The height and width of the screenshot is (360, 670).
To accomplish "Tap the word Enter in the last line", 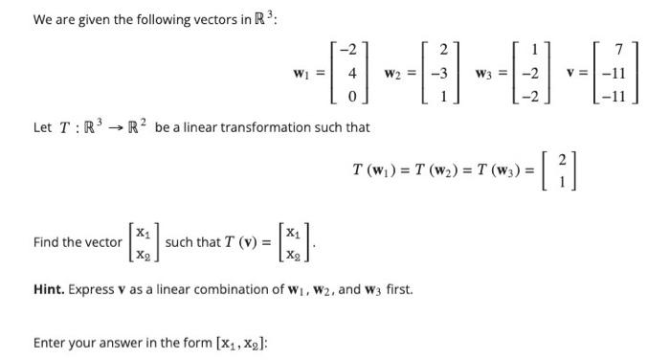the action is click(x=51, y=342).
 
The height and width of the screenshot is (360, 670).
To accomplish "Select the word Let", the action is click(x=44, y=126).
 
